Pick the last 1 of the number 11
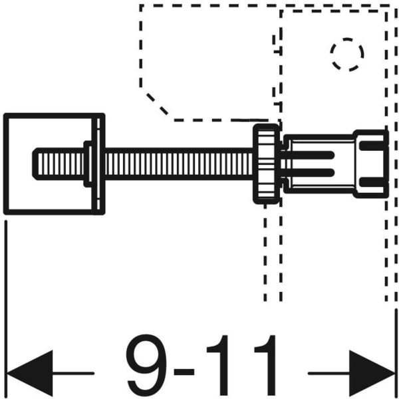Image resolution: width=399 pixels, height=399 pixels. (267, 365)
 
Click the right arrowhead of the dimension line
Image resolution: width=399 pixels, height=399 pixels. (373, 368)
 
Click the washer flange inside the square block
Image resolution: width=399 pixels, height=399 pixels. (88, 163)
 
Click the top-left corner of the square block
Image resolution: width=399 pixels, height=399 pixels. (6, 115)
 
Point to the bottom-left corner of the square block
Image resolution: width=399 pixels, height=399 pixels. (6, 213)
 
